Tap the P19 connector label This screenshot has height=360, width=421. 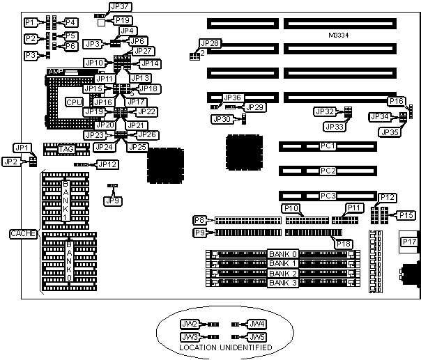click(122, 20)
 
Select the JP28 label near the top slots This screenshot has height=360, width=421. click(209, 43)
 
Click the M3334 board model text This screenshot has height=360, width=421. click(339, 34)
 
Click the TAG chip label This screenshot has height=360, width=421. click(67, 148)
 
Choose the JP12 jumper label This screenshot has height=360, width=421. click(107, 164)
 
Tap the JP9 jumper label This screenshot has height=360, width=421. click(111, 201)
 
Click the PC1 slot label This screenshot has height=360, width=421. click(328, 146)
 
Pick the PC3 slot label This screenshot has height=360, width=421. click(328, 196)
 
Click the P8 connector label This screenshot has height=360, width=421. click(200, 220)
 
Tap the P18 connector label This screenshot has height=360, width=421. click(344, 242)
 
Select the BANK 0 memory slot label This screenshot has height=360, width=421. click(284, 253)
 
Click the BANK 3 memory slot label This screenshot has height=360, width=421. click(284, 283)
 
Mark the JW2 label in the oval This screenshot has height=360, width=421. click(190, 324)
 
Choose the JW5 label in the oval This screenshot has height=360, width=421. click(257, 336)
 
